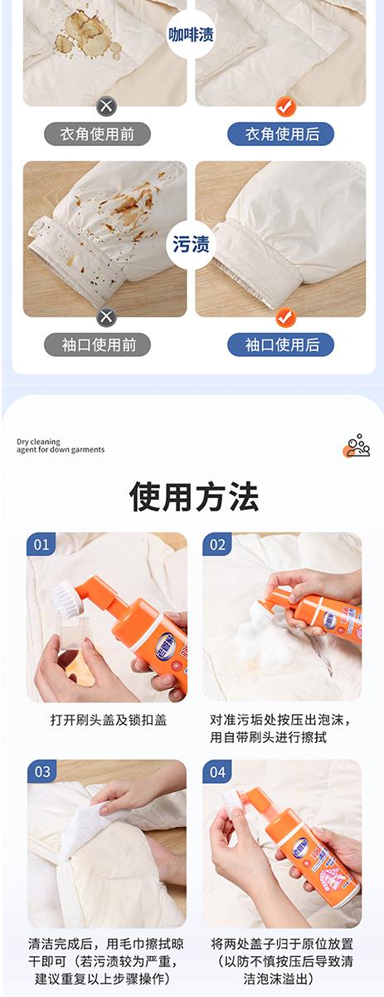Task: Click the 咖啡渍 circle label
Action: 191,35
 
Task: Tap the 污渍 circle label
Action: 191,244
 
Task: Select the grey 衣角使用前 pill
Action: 97,134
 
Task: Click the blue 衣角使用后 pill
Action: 281,134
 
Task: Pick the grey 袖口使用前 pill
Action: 97,345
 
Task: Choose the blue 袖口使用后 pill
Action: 281,345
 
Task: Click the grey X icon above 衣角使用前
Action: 106,106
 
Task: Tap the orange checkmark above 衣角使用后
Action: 285,106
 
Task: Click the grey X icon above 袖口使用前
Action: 106,317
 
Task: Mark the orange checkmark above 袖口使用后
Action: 285,317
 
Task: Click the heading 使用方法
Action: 194,496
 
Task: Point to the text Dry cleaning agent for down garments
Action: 61,446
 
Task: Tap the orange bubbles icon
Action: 357,446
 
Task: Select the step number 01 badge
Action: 41,544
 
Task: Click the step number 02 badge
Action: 217,544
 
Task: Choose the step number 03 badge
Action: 41,771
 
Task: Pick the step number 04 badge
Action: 217,771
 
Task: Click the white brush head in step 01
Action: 63,595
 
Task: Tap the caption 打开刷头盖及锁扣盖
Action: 109,721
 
